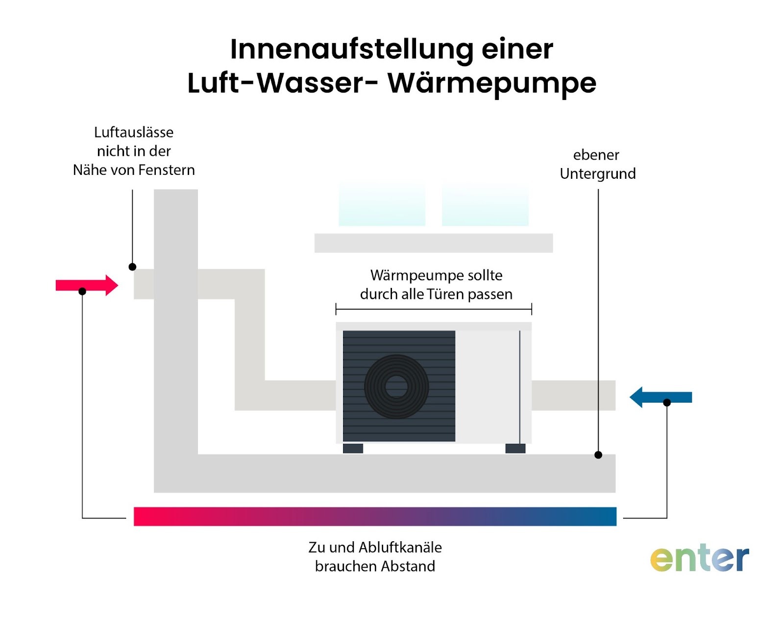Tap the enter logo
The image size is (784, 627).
pos(699,558)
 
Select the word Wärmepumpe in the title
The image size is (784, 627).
pos(492,83)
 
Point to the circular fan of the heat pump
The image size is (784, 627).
pos(396,386)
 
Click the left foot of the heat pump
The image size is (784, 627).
pos(353,448)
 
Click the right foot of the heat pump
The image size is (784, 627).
pos(515,448)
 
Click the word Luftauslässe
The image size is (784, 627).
pos(134,132)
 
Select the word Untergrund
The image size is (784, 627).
pos(598,174)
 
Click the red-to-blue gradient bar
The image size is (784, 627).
pos(375,516)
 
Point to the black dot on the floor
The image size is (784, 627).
pos(598,455)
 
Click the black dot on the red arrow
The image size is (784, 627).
pos(82,291)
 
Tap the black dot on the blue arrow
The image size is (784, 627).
pos(667,403)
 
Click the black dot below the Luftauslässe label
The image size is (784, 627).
pos(132,267)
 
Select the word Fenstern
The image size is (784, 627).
pos(168,170)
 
